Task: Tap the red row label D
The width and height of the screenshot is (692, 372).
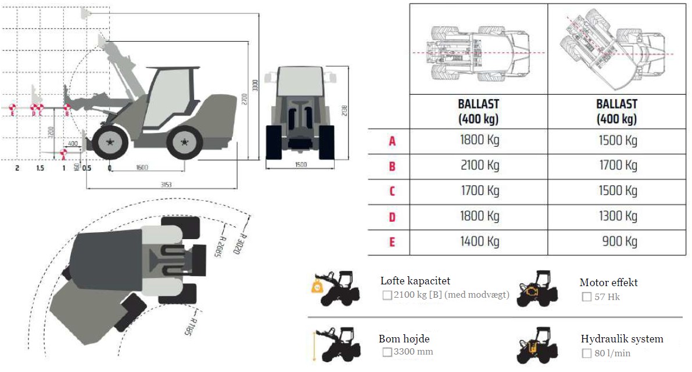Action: point(392,217)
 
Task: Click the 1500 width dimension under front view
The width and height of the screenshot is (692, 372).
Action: point(300,165)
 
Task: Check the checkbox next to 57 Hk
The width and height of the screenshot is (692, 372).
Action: point(587,297)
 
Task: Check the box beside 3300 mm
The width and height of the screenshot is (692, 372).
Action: point(387,352)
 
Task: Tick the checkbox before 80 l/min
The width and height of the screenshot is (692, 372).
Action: point(587,353)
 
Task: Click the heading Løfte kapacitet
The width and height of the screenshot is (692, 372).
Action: point(415,281)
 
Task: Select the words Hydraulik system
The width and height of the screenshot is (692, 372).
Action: point(622,339)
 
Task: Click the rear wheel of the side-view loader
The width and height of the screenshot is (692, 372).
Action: point(184,142)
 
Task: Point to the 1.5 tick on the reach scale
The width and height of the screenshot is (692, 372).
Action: point(40,168)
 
